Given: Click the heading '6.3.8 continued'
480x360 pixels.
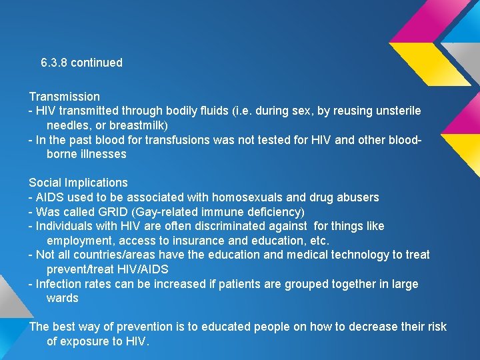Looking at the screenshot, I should coord(81,63).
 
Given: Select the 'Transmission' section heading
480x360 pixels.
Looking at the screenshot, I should coord(64,97).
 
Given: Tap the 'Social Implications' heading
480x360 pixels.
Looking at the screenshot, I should coord(78,183).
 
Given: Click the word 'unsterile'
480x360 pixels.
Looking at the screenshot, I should coord(398,111).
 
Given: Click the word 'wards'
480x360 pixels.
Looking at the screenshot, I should coord(62,298).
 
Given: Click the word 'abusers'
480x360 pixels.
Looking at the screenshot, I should coord(359,197).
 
